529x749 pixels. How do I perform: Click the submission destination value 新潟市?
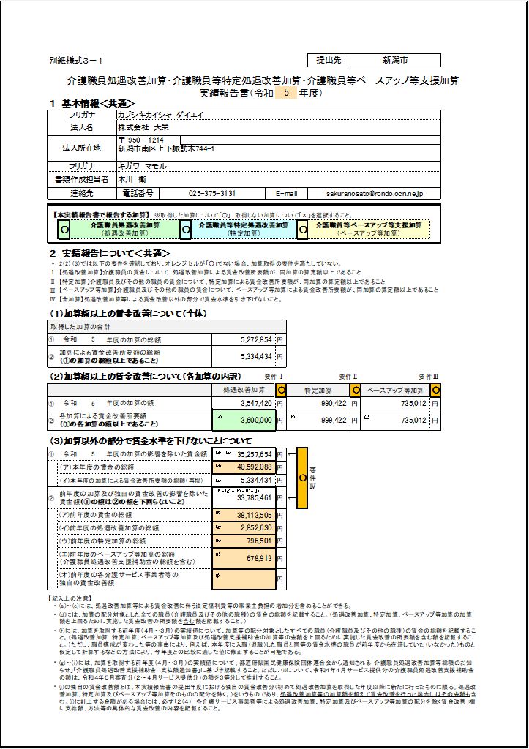(395, 60)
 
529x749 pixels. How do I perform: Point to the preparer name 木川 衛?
(132, 179)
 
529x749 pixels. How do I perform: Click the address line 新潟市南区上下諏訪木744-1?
(166, 148)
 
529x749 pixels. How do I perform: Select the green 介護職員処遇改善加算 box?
(124, 228)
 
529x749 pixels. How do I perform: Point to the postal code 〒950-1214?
(140, 139)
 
